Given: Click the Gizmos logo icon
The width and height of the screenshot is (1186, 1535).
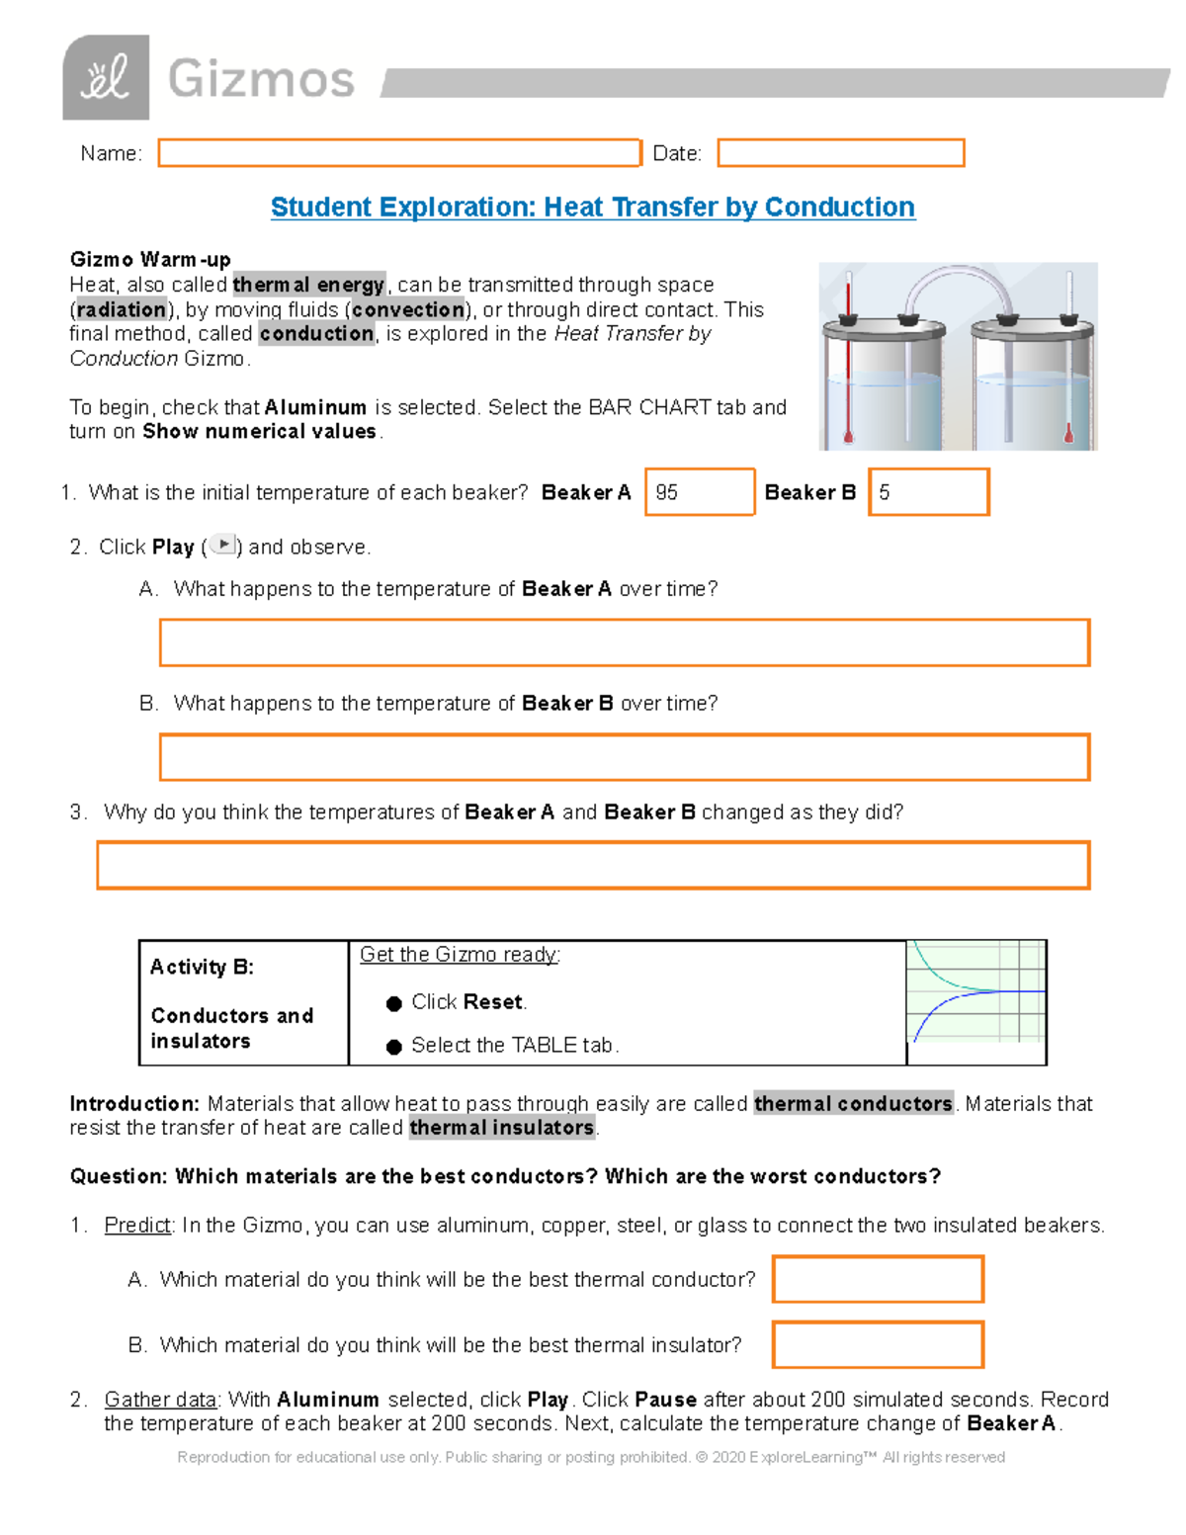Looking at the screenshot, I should tap(106, 77).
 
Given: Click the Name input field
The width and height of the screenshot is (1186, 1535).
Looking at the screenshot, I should tap(399, 153).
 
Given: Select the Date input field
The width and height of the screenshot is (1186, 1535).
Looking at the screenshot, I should tap(840, 153).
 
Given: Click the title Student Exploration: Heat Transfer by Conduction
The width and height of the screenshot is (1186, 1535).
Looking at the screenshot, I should tap(593, 208).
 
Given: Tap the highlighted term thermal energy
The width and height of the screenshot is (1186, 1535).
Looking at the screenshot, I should tap(308, 286).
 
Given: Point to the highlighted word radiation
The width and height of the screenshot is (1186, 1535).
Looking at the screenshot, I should tap(122, 310).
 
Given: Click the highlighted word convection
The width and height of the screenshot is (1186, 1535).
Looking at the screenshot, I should tap(407, 310).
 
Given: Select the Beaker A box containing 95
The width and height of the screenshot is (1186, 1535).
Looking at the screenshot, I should tap(700, 492).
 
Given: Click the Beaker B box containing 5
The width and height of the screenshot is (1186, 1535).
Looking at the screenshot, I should tap(929, 492).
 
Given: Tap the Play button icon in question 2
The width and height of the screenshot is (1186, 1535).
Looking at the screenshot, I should tap(224, 545).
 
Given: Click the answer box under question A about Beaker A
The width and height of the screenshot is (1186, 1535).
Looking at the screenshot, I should tap(625, 643).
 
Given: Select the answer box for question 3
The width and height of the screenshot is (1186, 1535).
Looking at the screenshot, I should tap(593, 866).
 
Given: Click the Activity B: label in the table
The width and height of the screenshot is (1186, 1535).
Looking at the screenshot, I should tap(202, 968).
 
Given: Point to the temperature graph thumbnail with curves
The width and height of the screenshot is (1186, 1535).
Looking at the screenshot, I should tap(975, 991).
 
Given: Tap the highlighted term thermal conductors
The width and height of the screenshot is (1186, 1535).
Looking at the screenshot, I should tap(853, 1104).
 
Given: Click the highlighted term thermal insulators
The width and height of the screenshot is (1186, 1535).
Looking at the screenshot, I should tap(502, 1129).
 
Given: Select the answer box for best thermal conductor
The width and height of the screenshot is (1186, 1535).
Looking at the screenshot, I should tap(878, 1280).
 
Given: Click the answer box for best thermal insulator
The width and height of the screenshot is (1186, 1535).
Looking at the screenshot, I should tap(878, 1345).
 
